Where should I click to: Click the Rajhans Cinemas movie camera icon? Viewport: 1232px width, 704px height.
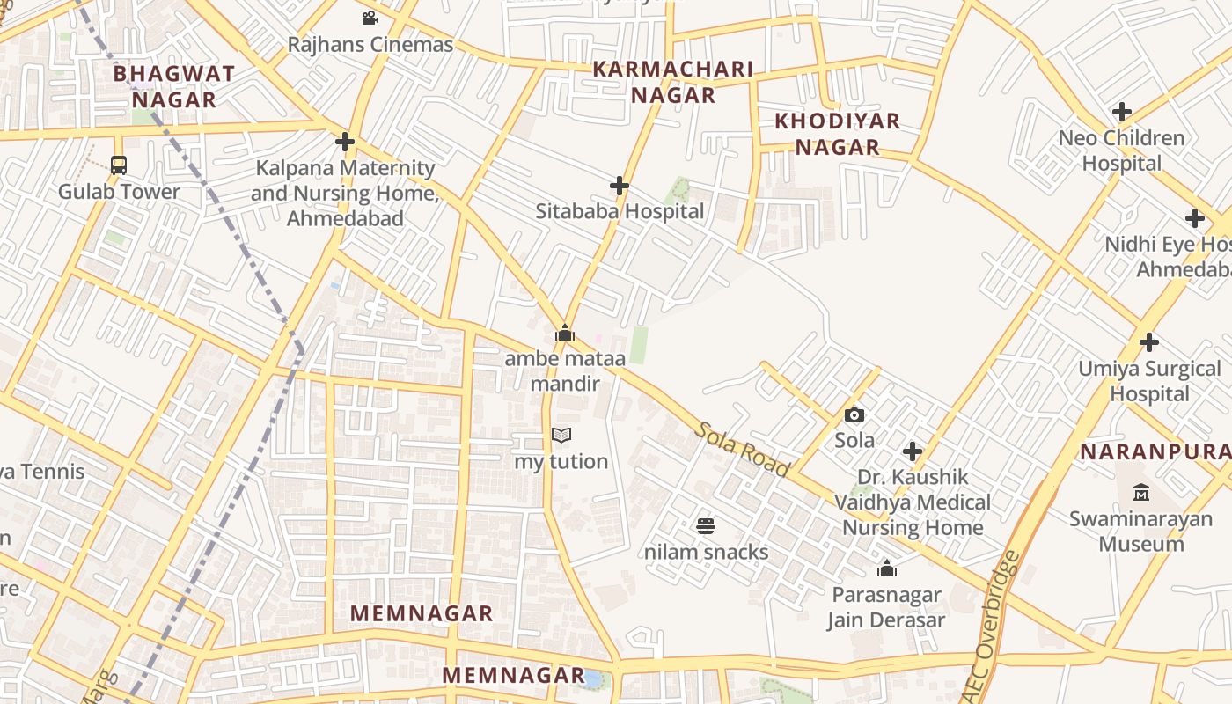(370, 18)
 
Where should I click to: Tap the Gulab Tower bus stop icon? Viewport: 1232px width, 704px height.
(118, 165)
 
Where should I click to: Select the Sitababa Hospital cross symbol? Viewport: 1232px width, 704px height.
(620, 186)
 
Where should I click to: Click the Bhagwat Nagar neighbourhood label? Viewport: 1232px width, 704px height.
(173, 86)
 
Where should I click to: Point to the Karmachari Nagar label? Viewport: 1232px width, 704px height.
(673, 82)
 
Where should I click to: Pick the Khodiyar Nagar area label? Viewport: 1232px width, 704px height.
(838, 134)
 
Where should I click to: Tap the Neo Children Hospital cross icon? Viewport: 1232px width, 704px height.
(1121, 112)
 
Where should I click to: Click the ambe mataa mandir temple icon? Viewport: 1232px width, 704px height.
(565, 333)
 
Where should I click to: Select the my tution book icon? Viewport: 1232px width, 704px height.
(561, 435)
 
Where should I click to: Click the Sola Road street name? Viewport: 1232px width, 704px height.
(742, 449)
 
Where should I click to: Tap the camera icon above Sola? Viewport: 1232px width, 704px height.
(854, 414)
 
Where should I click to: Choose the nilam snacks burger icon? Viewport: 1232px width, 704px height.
(706, 526)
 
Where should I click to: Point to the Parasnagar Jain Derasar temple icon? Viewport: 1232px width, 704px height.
(886, 568)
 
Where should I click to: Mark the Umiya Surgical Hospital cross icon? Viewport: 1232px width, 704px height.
(1148, 342)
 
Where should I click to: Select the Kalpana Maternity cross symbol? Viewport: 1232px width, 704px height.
(345, 141)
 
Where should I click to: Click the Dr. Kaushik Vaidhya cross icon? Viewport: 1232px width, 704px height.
(913, 451)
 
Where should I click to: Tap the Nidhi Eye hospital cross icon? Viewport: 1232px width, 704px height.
(1194, 217)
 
